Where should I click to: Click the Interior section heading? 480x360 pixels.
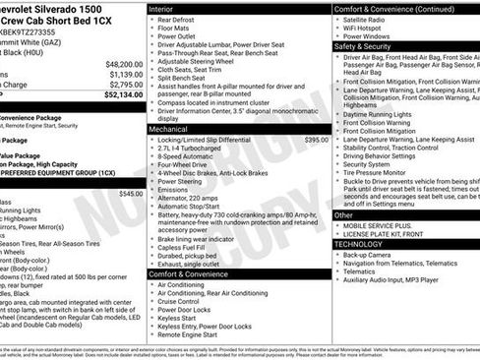click(159, 8)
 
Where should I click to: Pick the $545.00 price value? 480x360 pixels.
click(130, 194)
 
